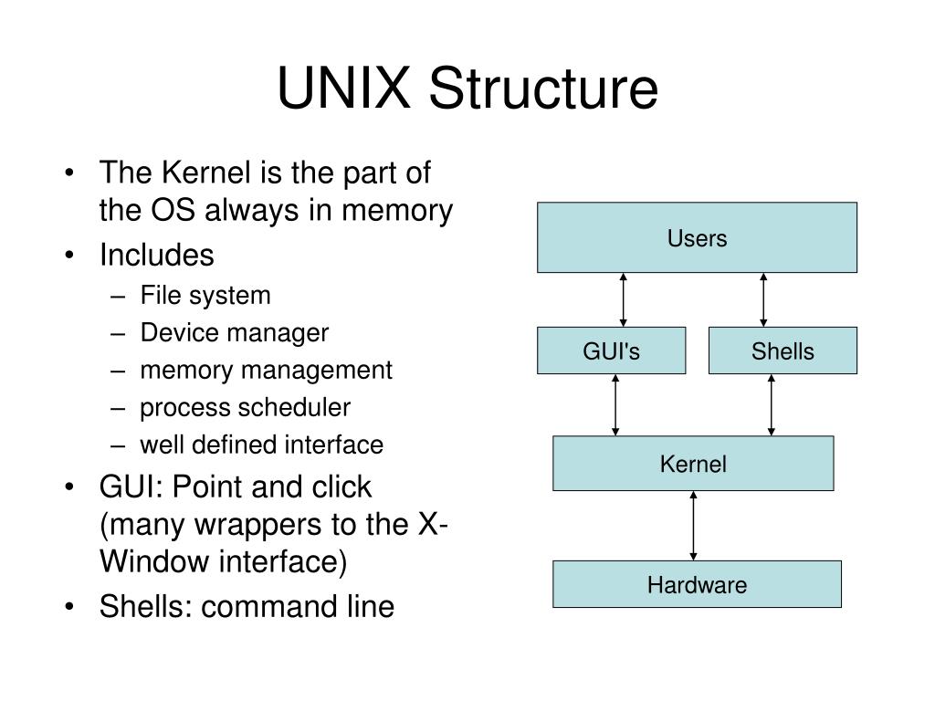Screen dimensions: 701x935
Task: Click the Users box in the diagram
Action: point(697,237)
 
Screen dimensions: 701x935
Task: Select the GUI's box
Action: point(611,351)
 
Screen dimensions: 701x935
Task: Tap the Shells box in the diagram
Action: point(783,351)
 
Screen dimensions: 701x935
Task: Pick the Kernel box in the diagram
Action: point(693,464)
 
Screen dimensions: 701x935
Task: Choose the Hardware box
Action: point(697,584)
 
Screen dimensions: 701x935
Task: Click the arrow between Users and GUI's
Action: point(624,299)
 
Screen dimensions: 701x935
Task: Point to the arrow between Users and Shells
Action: point(763,299)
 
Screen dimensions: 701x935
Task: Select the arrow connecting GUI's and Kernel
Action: point(616,404)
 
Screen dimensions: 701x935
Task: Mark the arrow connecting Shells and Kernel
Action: point(772,404)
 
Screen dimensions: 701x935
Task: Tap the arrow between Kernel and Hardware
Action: point(694,525)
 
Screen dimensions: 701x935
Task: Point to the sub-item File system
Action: point(205,296)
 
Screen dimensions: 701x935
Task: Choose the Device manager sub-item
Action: point(234,333)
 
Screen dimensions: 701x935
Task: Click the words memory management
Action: point(266,371)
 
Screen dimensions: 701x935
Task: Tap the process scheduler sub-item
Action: point(245,407)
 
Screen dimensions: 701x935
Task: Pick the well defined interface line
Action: point(261,445)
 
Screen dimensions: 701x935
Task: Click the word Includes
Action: point(157,255)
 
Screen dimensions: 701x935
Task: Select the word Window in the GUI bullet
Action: point(154,562)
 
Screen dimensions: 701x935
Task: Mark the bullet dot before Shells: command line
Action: point(72,607)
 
